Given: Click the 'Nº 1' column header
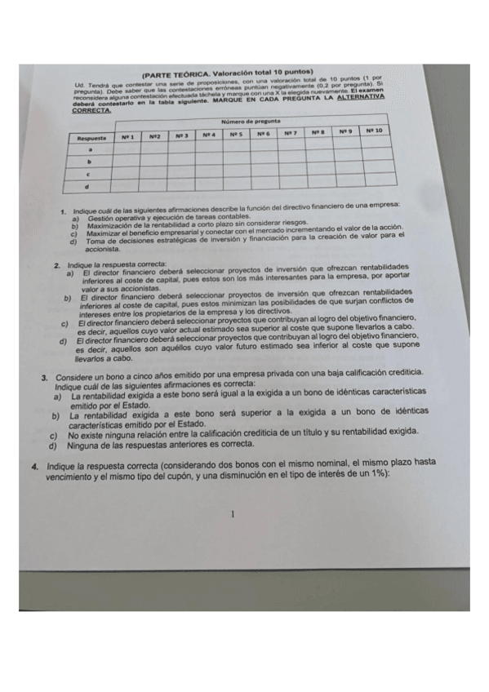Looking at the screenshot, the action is coord(127,136).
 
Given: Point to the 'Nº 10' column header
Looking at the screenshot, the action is coord(375,131).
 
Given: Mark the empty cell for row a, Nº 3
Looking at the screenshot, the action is coord(181,149).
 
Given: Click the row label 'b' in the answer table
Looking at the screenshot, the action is coord(89,162).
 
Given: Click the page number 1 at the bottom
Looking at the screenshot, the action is coord(233,515).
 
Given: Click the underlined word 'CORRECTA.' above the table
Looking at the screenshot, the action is coord(90,111).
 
